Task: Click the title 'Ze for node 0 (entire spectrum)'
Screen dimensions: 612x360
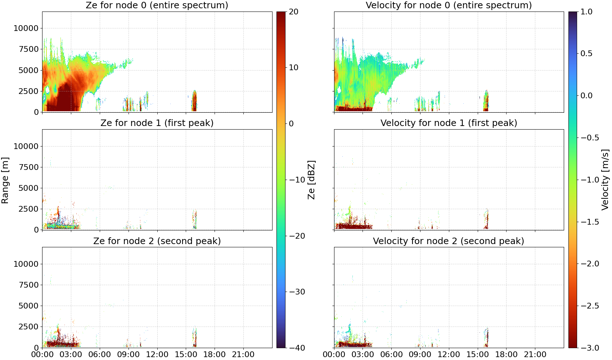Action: (157, 5)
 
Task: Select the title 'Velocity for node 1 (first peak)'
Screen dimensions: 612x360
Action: (449, 123)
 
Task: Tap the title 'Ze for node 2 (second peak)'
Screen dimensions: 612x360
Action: (157, 241)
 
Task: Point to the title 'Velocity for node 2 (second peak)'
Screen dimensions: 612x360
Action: (449, 241)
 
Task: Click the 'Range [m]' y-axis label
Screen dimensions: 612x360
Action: (5, 180)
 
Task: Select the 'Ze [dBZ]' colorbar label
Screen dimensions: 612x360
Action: (311, 180)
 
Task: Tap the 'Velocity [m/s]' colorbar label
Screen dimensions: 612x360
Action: (605, 180)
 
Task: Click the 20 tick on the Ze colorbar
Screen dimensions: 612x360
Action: (293, 12)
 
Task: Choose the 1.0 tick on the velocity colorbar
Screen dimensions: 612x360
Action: (586, 12)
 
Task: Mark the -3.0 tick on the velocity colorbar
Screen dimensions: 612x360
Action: (586, 348)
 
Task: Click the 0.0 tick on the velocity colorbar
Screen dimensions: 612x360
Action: (586, 96)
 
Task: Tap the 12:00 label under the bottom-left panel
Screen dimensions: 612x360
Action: (157, 355)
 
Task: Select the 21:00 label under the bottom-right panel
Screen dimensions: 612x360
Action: (535, 355)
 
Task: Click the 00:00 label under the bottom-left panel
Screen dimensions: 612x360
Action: (42, 355)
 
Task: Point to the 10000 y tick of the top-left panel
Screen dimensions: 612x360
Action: (26, 28)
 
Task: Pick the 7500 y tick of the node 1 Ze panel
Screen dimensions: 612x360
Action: (28, 167)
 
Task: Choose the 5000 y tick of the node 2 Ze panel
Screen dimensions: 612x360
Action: (28, 306)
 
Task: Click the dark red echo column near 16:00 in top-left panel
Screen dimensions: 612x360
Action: (194, 101)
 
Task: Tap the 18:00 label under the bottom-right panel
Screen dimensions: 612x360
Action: (506, 355)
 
